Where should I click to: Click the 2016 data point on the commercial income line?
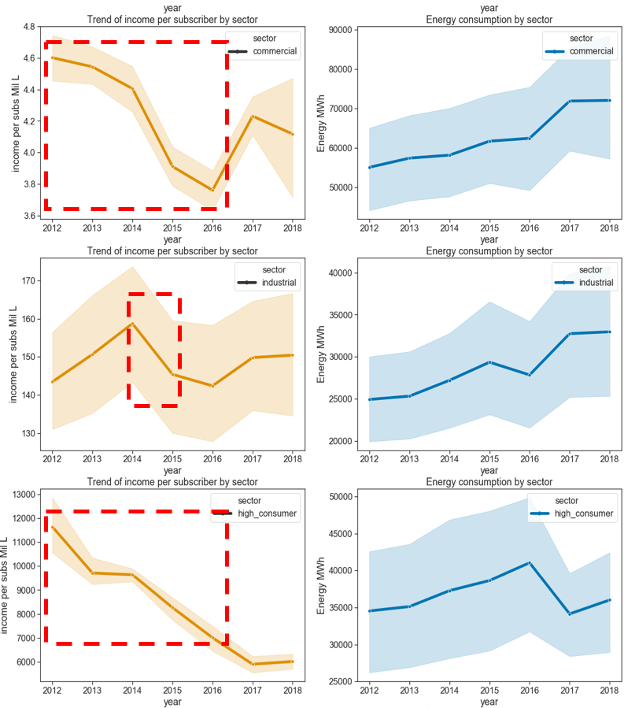click(212, 190)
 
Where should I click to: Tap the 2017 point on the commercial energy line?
click(570, 101)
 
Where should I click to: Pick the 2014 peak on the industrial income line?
click(132, 324)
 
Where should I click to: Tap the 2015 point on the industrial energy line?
click(489, 362)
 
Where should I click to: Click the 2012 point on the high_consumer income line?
click(52, 527)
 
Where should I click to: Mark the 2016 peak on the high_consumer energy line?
click(530, 563)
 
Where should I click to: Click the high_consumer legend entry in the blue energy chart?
click(583, 513)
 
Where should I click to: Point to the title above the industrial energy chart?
click(489, 251)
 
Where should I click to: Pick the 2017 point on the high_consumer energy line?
click(570, 613)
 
